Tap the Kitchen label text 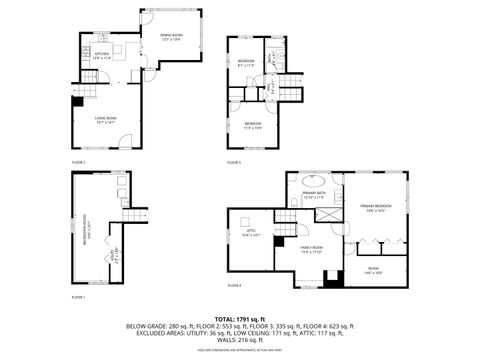click(x=101, y=56)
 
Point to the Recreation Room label click(x=87, y=232)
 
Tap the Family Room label click(x=312, y=250)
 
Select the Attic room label click(x=250, y=233)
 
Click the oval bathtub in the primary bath click(x=314, y=182)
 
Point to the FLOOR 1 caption click(x=78, y=297)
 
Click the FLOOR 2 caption click(x=78, y=162)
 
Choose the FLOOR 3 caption click(x=234, y=162)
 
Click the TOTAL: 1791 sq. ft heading click(x=239, y=318)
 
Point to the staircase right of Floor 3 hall click(x=289, y=88)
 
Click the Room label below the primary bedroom click(x=373, y=270)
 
